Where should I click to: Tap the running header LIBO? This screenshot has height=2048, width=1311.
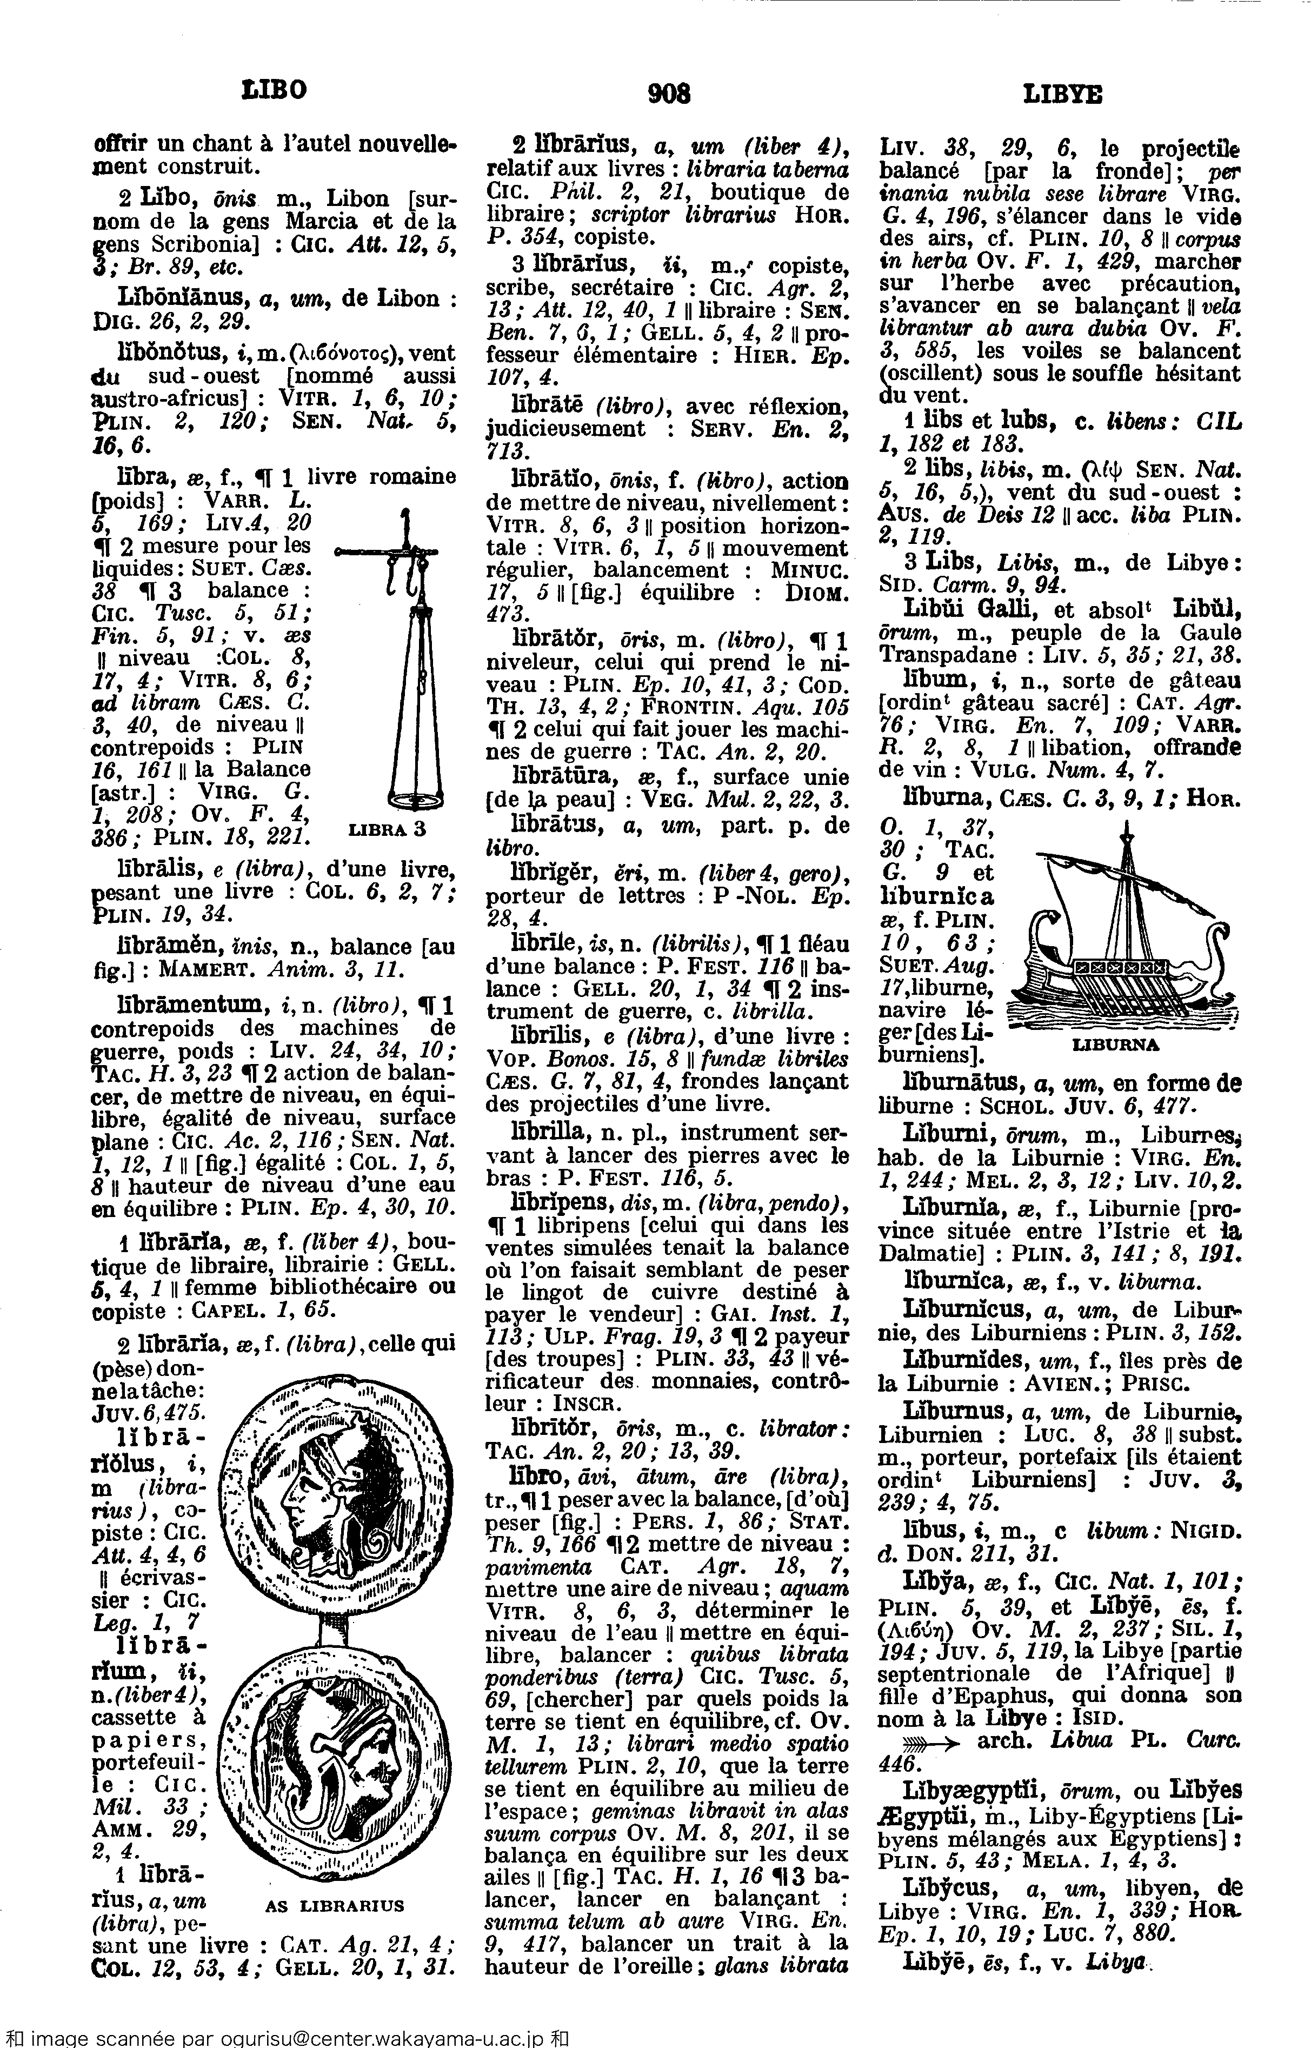click(274, 89)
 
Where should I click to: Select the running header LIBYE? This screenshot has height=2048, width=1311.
click(1062, 94)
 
